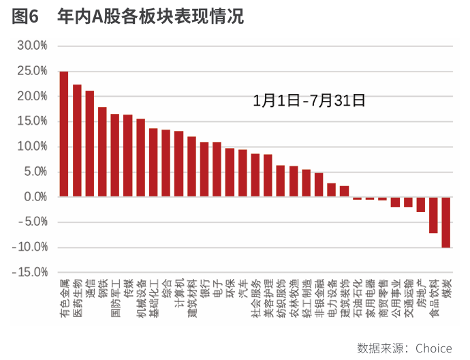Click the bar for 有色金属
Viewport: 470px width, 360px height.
pyautogui.click(x=64, y=134)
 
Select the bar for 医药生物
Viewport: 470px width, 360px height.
pyautogui.click(x=77, y=140)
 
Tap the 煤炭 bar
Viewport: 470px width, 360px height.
pyautogui.click(x=446, y=222)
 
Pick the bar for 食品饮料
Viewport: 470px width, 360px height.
pyautogui.click(x=433, y=215)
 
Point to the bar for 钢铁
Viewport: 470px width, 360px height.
pyautogui.click(x=102, y=152)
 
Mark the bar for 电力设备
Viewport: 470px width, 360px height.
pyautogui.click(x=332, y=190)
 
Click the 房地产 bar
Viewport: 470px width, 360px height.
pyautogui.click(x=421, y=205)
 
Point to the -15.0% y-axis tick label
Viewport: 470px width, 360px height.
pyautogui.click(x=30, y=272)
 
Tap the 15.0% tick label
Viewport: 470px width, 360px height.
pyautogui.click(x=32, y=121)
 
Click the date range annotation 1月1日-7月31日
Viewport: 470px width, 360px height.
pyautogui.click(x=309, y=101)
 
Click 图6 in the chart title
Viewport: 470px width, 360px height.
pyautogui.click(x=25, y=17)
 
